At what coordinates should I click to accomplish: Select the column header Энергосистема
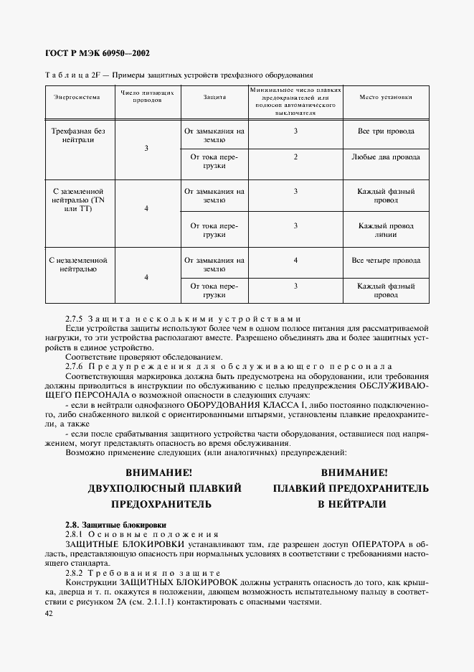tap(77, 96)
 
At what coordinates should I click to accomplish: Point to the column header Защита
tap(214, 96)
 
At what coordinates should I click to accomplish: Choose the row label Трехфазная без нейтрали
tap(78, 136)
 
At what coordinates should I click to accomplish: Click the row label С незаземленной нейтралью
tap(78, 265)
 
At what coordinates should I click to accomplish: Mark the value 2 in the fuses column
tap(295, 157)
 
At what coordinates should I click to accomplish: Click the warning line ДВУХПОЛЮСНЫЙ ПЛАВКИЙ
tap(164, 488)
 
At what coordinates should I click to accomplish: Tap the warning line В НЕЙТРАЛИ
tap(352, 504)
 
